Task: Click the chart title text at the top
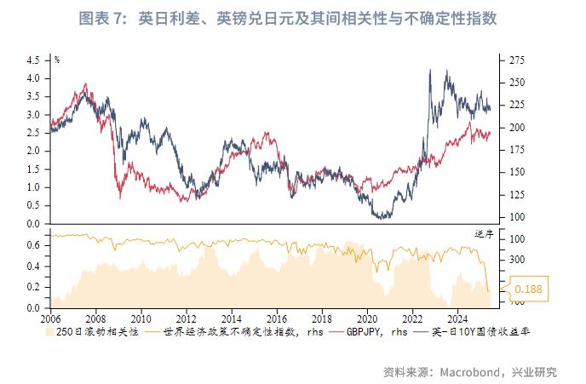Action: pyautogui.click(x=293, y=18)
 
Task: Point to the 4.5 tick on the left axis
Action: pyautogui.click(x=33, y=60)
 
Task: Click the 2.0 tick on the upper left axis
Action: pyautogui.click(x=33, y=151)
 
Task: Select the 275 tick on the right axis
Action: pyautogui.click(x=516, y=60)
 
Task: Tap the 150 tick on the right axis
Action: pyautogui.click(x=516, y=172)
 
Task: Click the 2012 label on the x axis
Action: pyautogui.click(x=187, y=315)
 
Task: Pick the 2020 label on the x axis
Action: pyautogui.click(x=368, y=315)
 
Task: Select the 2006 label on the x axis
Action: pyautogui.click(x=51, y=315)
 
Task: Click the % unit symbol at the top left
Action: pyautogui.click(x=56, y=60)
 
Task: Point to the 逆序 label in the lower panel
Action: pyautogui.click(x=484, y=233)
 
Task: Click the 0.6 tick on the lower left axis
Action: pyautogui.click(x=33, y=245)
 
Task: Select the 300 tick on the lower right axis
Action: pyautogui.click(x=516, y=260)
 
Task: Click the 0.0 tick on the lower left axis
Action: pyautogui.click(x=33, y=307)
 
